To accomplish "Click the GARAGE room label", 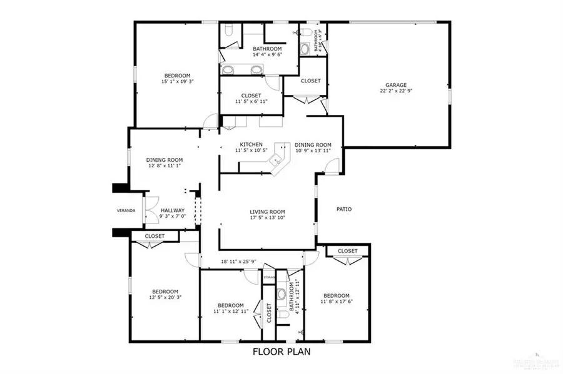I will (396, 85).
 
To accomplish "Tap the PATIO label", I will (343, 209).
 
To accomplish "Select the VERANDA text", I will (126, 211).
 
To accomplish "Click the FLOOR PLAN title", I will (281, 352).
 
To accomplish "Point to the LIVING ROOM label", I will (267, 212).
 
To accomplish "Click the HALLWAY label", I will (173, 211).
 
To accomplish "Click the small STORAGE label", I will (269, 275).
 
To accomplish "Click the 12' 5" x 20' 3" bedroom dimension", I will (166, 298).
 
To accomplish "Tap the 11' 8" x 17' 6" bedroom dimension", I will (336, 302).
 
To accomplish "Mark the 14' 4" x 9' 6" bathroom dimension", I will (267, 55).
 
